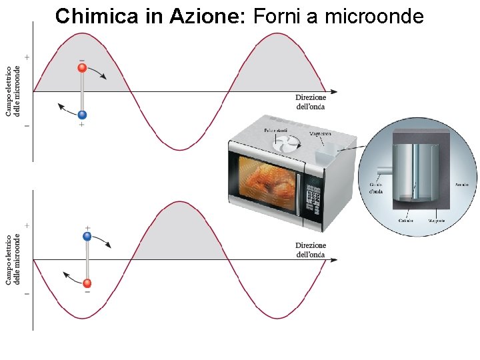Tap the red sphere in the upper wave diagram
[82, 67]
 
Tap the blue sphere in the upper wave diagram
[82, 115]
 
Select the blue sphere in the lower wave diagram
[87, 236]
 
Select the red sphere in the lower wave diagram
[87, 283]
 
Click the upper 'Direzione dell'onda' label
[311, 102]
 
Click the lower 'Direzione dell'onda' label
[311, 250]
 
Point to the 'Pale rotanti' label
[276, 129]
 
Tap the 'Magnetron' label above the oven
[320, 133]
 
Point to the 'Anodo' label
[461, 184]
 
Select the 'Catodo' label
[405, 220]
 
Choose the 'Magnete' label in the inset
[437, 220]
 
